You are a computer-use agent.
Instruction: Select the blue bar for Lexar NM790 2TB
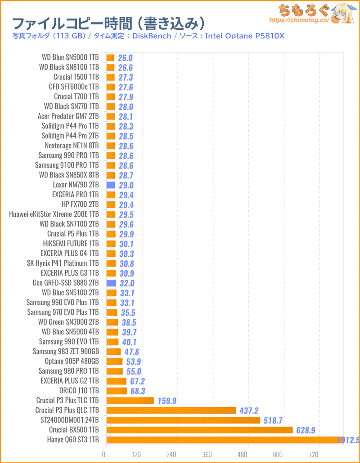111,185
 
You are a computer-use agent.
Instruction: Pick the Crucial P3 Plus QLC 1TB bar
171,410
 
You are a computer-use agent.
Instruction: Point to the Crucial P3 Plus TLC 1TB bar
130,400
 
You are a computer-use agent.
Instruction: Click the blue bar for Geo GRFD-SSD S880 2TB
111,283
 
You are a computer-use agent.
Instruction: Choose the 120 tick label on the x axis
136,454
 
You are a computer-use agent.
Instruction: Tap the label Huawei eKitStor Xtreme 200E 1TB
54,214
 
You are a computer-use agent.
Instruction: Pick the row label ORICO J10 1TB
79,390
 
